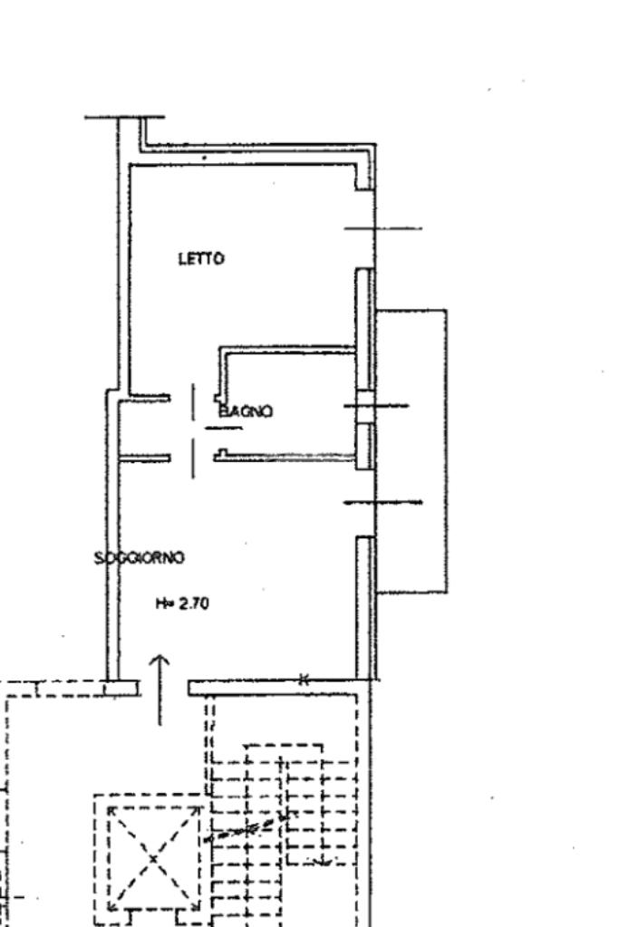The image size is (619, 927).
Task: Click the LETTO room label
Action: click(x=200, y=259)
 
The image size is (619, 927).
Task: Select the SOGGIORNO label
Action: click(x=140, y=557)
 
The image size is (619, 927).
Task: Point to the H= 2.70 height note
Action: click(x=182, y=604)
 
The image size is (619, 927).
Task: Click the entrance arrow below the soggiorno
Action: click(x=160, y=688)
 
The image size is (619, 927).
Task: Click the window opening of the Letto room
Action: click(x=365, y=228)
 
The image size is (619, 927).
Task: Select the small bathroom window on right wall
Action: click(x=364, y=406)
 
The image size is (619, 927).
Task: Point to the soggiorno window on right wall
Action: click(x=365, y=502)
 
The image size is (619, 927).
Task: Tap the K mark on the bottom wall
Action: click(x=305, y=680)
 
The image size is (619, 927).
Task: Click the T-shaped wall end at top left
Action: click(x=125, y=119)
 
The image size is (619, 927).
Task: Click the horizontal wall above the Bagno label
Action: click(x=290, y=348)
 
